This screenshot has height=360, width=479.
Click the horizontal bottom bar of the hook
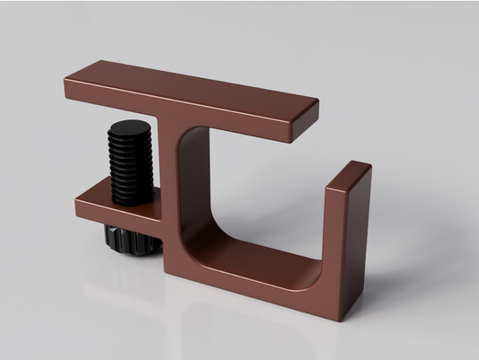pyautogui.click(x=261, y=278)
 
